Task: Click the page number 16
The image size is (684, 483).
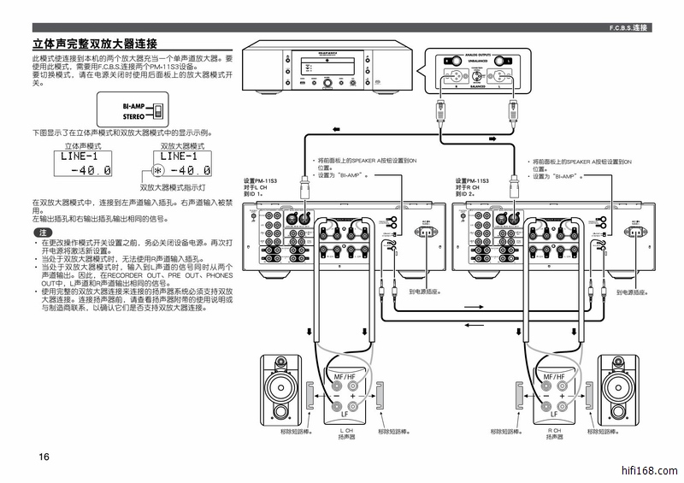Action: click(x=44, y=457)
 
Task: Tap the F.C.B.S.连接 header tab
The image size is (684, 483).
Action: click(x=628, y=28)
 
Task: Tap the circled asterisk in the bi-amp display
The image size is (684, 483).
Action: click(x=157, y=170)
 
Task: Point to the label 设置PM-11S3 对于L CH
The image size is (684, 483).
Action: click(x=261, y=187)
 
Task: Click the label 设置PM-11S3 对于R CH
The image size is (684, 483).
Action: click(x=473, y=187)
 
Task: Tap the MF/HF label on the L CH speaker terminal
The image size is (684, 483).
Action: click(x=345, y=377)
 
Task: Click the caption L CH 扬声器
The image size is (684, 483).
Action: click(x=345, y=433)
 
